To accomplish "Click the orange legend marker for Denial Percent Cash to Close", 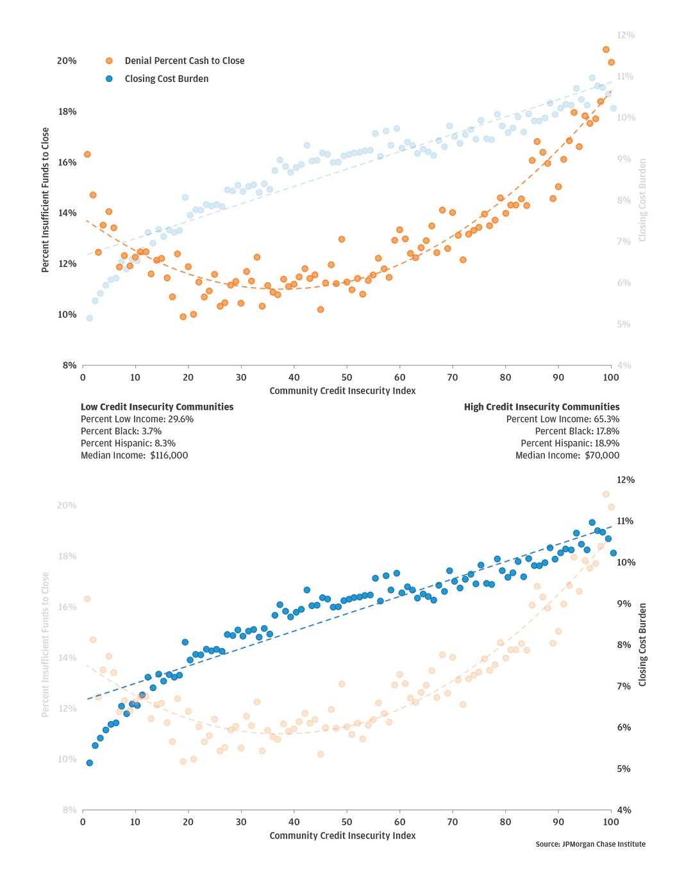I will pos(109,61).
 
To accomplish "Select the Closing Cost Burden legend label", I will pos(166,79).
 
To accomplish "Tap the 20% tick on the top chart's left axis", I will pos(67,61).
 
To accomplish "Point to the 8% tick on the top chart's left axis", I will pos(69,366).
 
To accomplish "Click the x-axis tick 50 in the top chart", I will pos(346,377).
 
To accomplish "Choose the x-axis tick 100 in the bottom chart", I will pos(611,822).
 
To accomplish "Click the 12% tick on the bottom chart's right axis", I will pos(625,480).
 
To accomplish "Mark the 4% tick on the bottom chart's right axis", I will pos(623,810).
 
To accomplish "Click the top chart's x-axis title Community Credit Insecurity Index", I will pos(342,391).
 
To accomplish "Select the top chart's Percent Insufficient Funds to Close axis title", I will pos(46,200).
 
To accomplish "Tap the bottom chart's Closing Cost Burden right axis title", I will pos(642,644).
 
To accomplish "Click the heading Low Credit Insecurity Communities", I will pos(157,407).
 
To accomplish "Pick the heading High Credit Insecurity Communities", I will pos(542,407).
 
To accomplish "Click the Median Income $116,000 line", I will pos(135,455).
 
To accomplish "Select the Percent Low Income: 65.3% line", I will pos(563,419).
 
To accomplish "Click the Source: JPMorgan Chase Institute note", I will pos(590,844).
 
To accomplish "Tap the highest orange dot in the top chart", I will pos(606,49).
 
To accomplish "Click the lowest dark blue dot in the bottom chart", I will pos(89,763).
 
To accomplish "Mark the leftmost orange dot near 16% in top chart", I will pos(87,154).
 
